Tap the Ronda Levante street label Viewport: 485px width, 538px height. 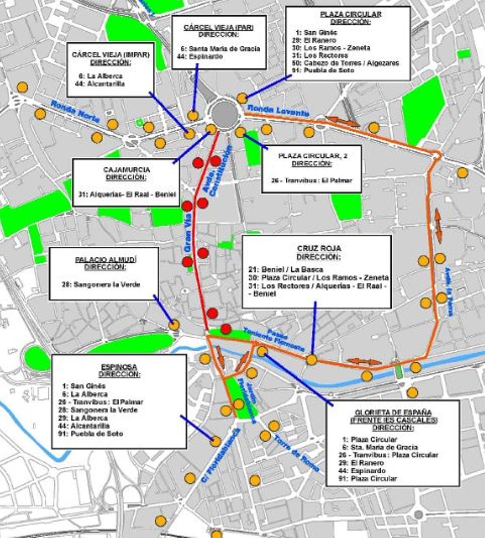tap(278, 110)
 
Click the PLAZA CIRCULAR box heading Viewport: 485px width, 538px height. tap(350, 14)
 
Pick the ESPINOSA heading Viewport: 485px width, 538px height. tap(119, 367)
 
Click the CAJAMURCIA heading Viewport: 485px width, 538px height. tap(127, 169)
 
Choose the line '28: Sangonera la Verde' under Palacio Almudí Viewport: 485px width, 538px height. tap(101, 285)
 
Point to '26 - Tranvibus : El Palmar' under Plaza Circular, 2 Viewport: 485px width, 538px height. tap(312, 180)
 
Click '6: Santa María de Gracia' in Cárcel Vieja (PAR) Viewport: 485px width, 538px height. tap(220, 49)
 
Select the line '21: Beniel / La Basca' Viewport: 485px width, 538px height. tap(287, 269)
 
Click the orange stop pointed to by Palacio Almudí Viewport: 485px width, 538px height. tap(174, 325)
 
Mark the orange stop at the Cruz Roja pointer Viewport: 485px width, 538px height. tap(312, 360)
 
